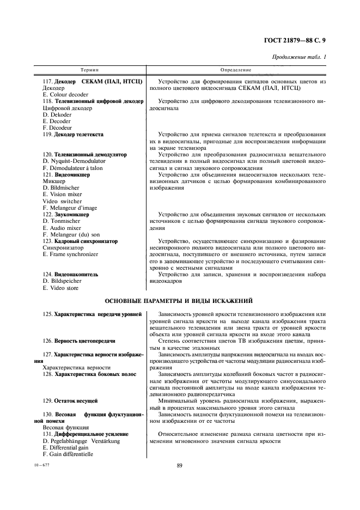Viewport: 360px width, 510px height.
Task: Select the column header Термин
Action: click(x=89, y=70)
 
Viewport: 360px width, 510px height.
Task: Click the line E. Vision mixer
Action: click(x=62, y=195)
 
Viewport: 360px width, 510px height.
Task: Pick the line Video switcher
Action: click(x=62, y=201)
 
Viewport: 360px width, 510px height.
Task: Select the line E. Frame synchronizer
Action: click(x=70, y=254)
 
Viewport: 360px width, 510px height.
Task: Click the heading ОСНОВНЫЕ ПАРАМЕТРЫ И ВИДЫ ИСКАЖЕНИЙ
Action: click(x=180, y=301)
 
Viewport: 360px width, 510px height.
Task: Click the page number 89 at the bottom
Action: click(x=179, y=465)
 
